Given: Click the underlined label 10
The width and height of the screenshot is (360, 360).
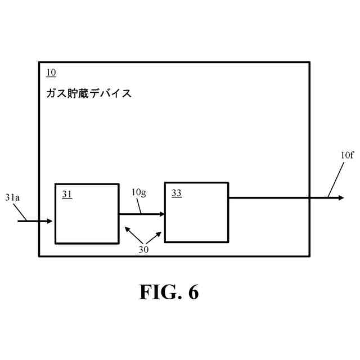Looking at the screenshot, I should coord(51,73).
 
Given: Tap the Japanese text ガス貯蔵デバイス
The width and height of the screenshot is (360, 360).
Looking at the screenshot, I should coord(89,93).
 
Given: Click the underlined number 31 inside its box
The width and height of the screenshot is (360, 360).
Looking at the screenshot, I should coord(67,194).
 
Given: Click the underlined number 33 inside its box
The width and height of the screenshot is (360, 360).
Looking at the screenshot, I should coord(177,193).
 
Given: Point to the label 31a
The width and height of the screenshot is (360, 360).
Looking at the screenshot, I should coord(13,198).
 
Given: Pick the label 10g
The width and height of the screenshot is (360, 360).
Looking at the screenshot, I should coord(138,193).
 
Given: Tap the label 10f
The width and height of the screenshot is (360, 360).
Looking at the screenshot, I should coord(347,155).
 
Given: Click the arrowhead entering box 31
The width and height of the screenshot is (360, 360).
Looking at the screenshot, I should coord(49,221).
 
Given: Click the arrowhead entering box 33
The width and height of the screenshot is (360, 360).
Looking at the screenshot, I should coord(161,214).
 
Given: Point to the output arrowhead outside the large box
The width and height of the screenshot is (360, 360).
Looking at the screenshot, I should coord(340,197).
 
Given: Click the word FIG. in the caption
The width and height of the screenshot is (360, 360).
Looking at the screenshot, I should coord(159,292).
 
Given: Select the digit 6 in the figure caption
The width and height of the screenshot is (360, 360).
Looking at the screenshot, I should coord(193,292).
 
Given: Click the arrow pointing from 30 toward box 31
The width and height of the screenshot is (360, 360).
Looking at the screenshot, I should coord(132,234).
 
